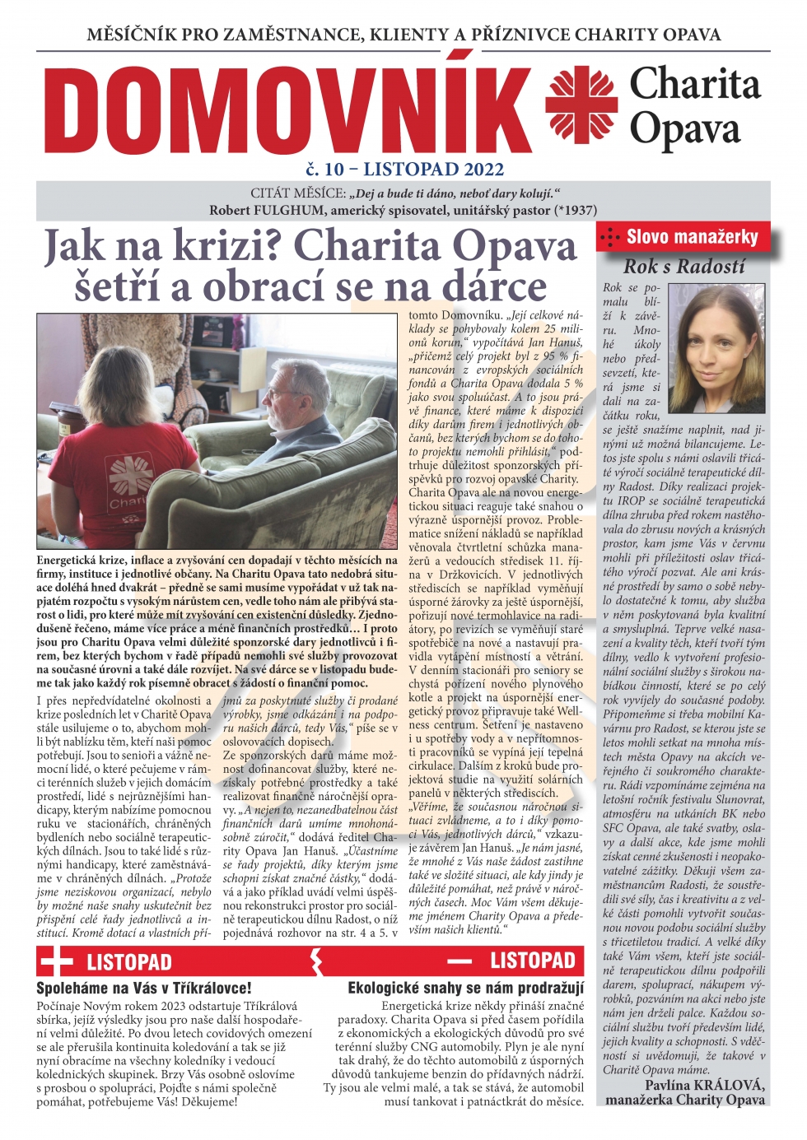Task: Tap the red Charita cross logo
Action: click(x=581, y=105)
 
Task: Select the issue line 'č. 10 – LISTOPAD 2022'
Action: click(x=404, y=170)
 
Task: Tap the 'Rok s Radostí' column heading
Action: click(x=684, y=266)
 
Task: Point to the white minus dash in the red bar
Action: click(x=459, y=961)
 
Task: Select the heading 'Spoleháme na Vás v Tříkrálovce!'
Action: click(x=144, y=988)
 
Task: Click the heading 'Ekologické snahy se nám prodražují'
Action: click(x=465, y=988)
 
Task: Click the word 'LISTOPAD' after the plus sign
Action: click(x=129, y=961)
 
